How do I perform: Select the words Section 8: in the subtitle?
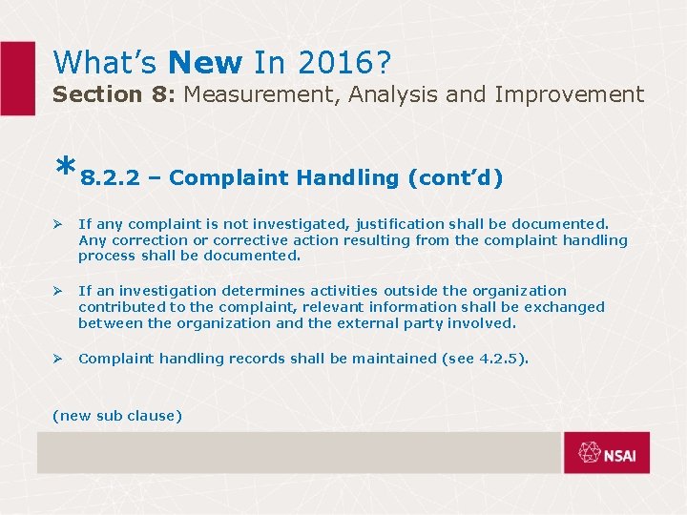pyautogui.click(x=114, y=94)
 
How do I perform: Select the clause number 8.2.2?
pyautogui.click(x=110, y=178)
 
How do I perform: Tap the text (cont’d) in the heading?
pyautogui.click(x=455, y=178)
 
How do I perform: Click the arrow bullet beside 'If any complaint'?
pyautogui.click(x=57, y=224)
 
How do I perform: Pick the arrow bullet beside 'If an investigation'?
pyautogui.click(x=57, y=291)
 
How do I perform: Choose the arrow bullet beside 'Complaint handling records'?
pyautogui.click(x=57, y=359)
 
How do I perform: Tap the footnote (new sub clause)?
pyautogui.click(x=117, y=415)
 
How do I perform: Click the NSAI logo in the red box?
pyautogui.click(x=607, y=453)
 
